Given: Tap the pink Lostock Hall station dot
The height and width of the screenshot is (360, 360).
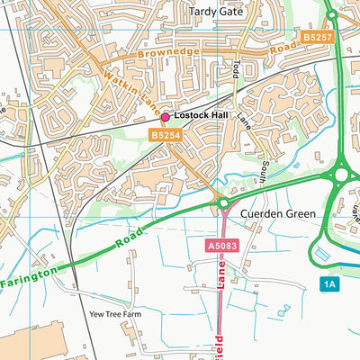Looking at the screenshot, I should pyautogui.click(x=165, y=117).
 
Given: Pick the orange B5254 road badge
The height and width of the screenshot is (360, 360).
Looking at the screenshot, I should pyautogui.click(x=165, y=134).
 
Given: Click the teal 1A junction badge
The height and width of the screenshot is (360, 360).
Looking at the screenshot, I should pyautogui.click(x=330, y=284).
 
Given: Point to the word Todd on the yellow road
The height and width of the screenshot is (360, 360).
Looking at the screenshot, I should pyautogui.click(x=236, y=70).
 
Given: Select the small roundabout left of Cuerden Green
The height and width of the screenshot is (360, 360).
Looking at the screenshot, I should pyautogui.click(x=223, y=206).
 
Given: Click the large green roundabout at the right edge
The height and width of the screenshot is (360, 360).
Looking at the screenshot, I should pyautogui.click(x=343, y=174).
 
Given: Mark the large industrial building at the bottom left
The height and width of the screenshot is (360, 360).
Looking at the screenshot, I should pyautogui.click(x=27, y=342).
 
